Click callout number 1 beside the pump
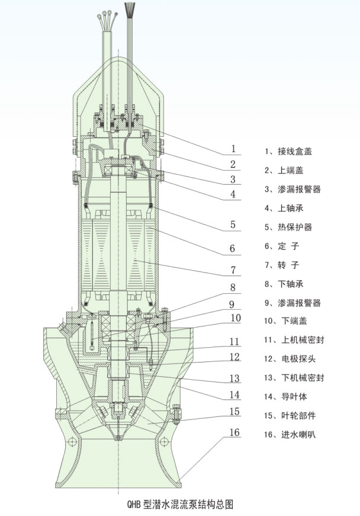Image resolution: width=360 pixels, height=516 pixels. pyautogui.click(x=233, y=149)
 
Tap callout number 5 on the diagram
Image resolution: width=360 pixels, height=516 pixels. pyautogui.click(x=233, y=225)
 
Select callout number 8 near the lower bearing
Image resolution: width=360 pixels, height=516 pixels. pyautogui.click(x=233, y=288)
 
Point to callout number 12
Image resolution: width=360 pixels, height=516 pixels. pyautogui.click(x=234, y=357)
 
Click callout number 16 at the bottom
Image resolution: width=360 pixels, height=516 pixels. pyautogui.click(x=234, y=432)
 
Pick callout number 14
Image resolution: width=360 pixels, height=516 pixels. pyautogui.click(x=234, y=395)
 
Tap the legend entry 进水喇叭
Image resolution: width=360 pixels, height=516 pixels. pyautogui.click(x=297, y=434)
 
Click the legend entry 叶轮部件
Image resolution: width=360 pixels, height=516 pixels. pyautogui.click(x=297, y=415)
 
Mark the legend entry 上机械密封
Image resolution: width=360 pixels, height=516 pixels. pyautogui.click(x=301, y=340)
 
